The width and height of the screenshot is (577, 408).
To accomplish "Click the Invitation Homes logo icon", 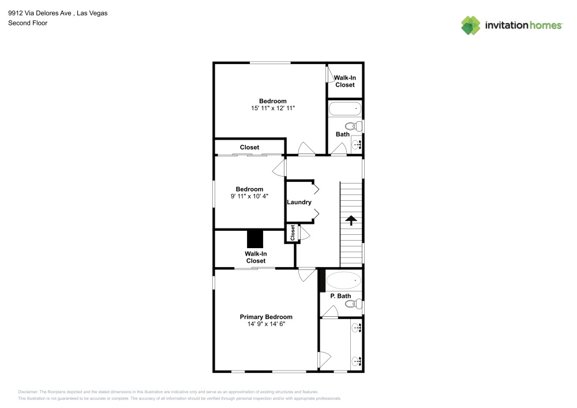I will click(471, 25).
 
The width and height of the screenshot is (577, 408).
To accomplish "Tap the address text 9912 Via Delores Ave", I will click(40, 13).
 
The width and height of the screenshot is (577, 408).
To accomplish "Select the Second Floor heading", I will click(28, 23).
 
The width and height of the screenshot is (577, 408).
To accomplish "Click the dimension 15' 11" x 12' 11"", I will click(273, 108).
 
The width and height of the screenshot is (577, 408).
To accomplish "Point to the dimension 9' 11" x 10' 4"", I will click(249, 196).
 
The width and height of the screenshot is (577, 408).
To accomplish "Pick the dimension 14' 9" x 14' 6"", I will click(266, 324).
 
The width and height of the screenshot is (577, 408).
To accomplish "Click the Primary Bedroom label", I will click(266, 317).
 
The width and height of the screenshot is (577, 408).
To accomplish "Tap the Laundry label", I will click(299, 202).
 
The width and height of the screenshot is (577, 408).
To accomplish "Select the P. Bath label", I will click(340, 296).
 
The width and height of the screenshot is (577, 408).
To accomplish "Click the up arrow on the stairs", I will click(350, 219).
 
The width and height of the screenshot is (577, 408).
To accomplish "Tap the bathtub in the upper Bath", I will click(344, 108).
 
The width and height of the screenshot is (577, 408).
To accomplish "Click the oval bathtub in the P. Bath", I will click(344, 280).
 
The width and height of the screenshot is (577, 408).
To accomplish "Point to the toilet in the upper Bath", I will click(351, 126).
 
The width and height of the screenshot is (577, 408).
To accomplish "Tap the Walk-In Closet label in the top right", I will click(345, 81).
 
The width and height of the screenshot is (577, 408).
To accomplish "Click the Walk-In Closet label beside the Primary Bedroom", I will click(256, 257).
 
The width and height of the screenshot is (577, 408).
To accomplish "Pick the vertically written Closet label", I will click(293, 233).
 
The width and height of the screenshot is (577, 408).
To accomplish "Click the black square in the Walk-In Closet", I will click(255, 238).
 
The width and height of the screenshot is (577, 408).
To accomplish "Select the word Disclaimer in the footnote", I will click(28, 392).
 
